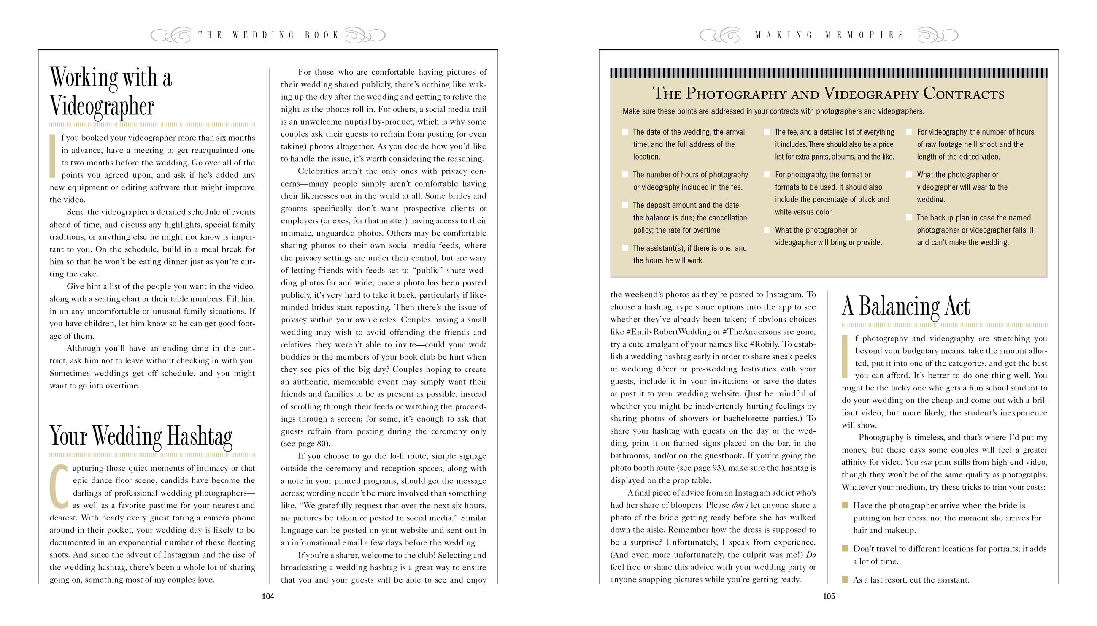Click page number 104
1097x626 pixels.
pyautogui.click(x=267, y=596)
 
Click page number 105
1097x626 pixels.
pyautogui.click(x=828, y=596)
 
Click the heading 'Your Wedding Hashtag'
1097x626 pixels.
pyautogui.click(x=141, y=436)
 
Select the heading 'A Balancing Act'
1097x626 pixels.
pyautogui.click(x=905, y=306)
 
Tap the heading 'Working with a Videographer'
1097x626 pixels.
pyautogui.click(x=111, y=91)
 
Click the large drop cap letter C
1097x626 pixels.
pyautogui.click(x=59, y=486)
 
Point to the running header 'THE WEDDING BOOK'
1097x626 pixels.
pyautogui.click(x=267, y=35)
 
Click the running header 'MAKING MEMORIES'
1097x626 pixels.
pyautogui.click(x=830, y=35)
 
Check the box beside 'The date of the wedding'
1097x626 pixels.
pyautogui.click(x=625, y=132)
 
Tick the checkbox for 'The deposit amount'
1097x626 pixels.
pyautogui.click(x=625, y=205)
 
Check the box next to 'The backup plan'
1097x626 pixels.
pyautogui.click(x=909, y=217)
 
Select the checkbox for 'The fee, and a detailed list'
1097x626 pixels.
pyautogui.click(x=767, y=132)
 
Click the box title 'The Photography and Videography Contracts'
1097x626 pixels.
pyautogui.click(x=828, y=93)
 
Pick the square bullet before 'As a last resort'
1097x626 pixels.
pyautogui.click(x=845, y=580)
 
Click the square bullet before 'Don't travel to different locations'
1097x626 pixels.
pyautogui.click(x=845, y=549)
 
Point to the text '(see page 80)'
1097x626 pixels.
pyautogui.click(x=305, y=444)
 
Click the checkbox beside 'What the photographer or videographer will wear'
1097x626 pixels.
pyautogui.click(x=909, y=175)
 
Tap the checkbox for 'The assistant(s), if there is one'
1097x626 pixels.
pyautogui.click(x=625, y=248)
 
